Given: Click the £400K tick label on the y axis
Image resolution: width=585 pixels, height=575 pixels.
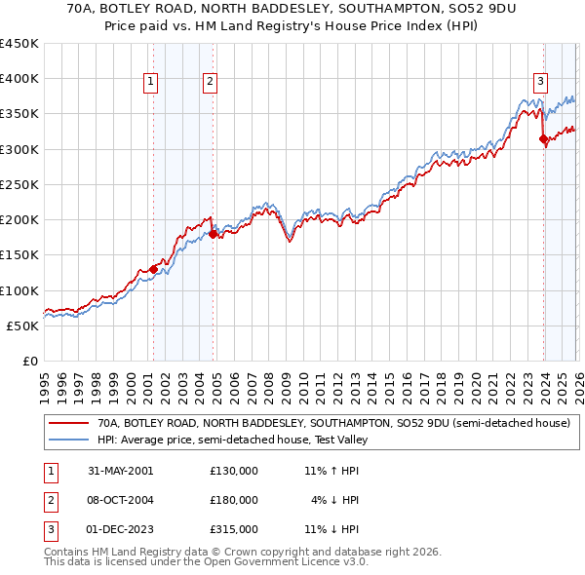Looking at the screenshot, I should (19, 79).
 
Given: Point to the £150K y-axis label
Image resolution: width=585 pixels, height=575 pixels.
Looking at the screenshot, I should (19, 255).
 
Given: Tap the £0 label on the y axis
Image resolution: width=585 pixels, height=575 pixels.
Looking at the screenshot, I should (29, 362).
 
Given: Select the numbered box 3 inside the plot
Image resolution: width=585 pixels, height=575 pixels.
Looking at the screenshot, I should (540, 83).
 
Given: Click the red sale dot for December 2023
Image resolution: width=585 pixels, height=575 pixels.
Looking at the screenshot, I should (543, 139).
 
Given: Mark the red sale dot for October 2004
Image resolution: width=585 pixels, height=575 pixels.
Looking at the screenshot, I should (213, 234).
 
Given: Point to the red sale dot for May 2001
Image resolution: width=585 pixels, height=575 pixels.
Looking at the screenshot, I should (154, 269).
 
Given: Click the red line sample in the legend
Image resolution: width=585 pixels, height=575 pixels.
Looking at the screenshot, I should (68, 423).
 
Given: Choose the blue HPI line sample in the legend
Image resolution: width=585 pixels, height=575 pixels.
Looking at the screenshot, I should (68, 440).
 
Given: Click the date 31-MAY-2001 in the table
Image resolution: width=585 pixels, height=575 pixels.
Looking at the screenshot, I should (121, 471).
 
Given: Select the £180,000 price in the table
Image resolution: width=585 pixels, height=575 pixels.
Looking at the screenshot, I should (234, 500).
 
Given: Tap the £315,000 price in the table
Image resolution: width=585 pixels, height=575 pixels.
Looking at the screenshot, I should (234, 529).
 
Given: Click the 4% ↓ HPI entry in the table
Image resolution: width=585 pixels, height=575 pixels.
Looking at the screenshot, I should (334, 500).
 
